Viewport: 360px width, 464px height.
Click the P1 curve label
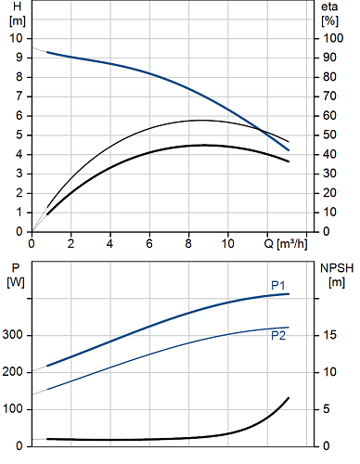tap(278, 285)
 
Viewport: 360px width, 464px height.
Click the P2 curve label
tap(278, 336)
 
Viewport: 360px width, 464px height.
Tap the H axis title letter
tap(18, 6)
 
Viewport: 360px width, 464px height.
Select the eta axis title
tap(329, 6)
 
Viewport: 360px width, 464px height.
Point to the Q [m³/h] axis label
tap(286, 244)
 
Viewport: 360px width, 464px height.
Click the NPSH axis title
tap(337, 268)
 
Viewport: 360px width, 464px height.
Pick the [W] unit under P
tap(16, 282)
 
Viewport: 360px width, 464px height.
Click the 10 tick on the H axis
tap(17, 38)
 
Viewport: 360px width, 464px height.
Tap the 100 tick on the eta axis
tap(333, 38)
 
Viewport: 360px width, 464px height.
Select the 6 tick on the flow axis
tap(149, 244)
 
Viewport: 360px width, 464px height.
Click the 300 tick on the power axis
tap(13, 335)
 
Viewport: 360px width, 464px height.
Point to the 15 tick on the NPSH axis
tap(330, 335)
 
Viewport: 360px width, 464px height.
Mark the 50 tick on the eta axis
tap(330, 135)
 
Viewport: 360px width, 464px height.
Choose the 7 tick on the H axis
tap(19, 97)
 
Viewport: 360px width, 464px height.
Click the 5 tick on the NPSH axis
tap(327, 409)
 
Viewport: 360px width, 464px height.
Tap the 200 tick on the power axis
tap(13, 372)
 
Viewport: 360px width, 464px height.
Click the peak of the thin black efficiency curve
tap(200, 120)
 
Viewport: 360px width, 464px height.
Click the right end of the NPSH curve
tap(289, 398)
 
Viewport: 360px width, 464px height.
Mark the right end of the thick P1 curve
tap(289, 294)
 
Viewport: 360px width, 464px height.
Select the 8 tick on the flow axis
tap(188, 244)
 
